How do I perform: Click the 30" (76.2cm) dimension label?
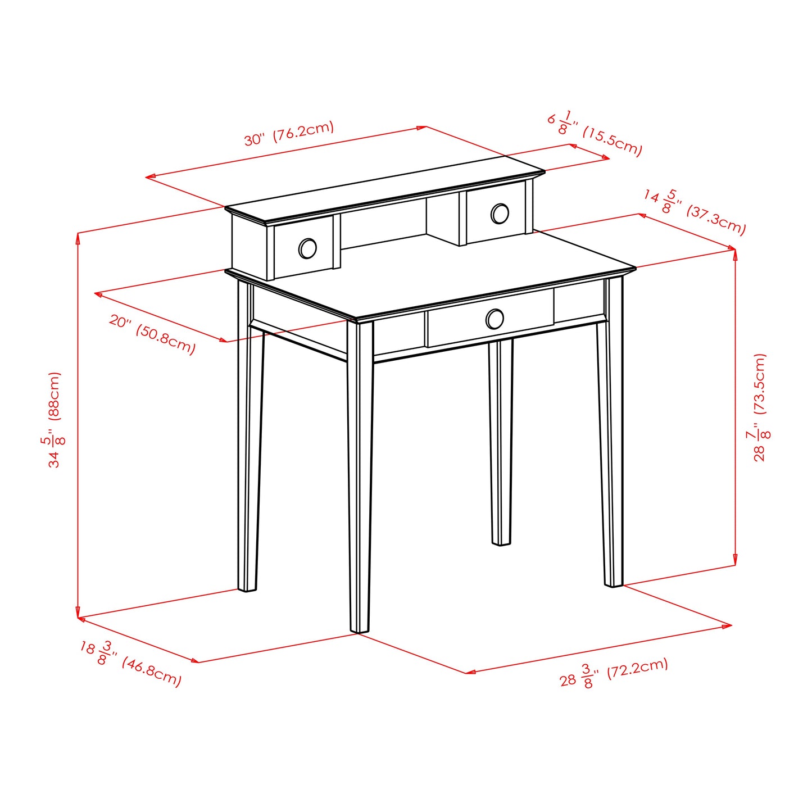[x=289, y=133]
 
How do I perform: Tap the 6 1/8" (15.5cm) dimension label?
[x=595, y=133]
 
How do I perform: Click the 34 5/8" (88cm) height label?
[x=54, y=419]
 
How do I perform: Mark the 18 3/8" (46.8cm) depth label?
[x=130, y=664]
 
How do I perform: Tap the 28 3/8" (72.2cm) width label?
[x=614, y=673]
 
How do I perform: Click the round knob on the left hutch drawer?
[x=307, y=248]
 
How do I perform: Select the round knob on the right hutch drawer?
[x=500, y=214]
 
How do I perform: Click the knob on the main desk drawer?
[x=495, y=319]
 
